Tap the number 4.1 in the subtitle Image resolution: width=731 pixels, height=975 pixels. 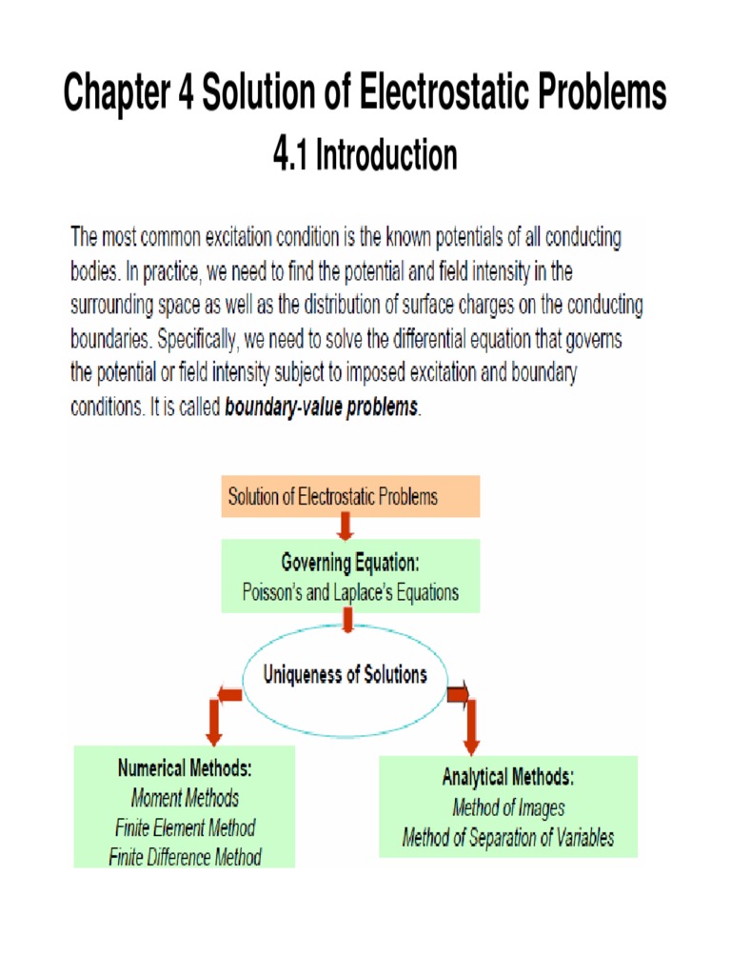[291, 153]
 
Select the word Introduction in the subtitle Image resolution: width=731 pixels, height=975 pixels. [386, 154]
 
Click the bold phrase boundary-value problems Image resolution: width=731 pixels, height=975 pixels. [322, 408]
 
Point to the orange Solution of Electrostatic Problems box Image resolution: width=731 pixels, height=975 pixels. [350, 496]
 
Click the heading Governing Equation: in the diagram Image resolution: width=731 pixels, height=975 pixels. [350, 563]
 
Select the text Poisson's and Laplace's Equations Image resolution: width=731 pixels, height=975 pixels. [350, 592]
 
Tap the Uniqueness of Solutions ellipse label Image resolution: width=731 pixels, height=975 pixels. [346, 675]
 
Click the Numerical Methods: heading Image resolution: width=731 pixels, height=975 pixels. [185, 766]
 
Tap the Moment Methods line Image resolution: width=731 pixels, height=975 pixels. [185, 797]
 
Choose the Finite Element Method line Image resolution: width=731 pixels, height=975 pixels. [185, 827]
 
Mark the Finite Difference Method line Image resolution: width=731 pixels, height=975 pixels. [185, 857]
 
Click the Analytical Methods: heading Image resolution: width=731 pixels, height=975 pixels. [507, 777]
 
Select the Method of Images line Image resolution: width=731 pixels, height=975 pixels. [507, 807]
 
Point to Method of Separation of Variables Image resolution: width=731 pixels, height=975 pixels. [507, 838]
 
